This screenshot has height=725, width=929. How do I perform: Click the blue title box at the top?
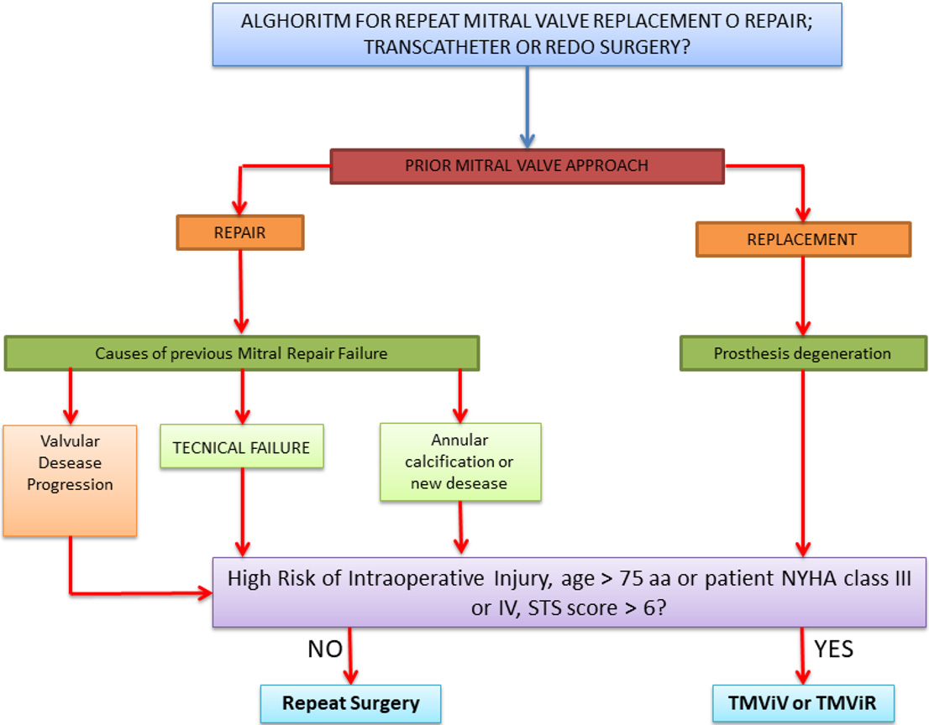click(x=527, y=34)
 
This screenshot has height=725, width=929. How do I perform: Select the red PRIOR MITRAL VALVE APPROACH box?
click(x=527, y=166)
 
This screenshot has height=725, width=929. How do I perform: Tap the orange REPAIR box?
click(x=240, y=232)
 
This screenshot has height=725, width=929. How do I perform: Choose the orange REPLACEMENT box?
click(x=803, y=239)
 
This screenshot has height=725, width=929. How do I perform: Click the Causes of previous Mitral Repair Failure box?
click(x=242, y=353)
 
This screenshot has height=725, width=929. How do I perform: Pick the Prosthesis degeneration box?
click(x=803, y=353)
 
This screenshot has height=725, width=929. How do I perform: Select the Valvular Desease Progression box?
click(x=70, y=481)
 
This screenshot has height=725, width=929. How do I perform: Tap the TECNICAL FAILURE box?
click(x=242, y=446)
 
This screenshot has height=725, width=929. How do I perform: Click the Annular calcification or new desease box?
click(x=460, y=462)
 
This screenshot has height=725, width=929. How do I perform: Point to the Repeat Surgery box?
click(x=351, y=703)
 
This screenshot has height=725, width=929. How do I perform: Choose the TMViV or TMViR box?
click(x=803, y=703)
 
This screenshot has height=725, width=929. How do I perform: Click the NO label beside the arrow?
click(x=325, y=649)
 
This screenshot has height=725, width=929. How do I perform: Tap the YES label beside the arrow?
click(x=833, y=649)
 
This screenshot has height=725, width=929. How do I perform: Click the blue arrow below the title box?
click(x=527, y=107)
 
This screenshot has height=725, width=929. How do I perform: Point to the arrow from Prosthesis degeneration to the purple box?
click(x=803, y=464)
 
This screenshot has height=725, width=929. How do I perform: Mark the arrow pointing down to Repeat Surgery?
click(x=350, y=655)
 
